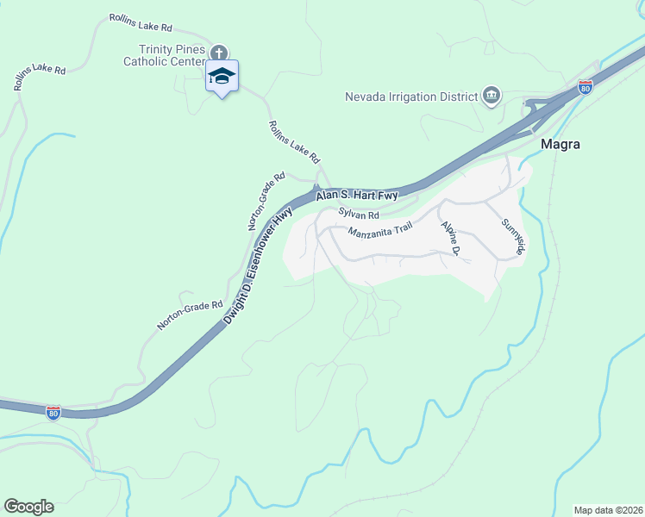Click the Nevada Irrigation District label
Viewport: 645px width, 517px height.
(x=411, y=96)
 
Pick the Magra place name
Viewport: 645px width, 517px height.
(x=560, y=144)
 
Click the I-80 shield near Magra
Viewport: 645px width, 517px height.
(x=586, y=87)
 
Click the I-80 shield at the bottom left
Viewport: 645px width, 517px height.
(x=54, y=412)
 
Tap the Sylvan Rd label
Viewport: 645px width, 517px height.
(x=359, y=214)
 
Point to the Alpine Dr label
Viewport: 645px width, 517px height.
(x=450, y=239)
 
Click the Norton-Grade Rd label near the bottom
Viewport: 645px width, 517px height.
(x=190, y=315)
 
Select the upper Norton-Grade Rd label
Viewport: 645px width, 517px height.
(x=266, y=200)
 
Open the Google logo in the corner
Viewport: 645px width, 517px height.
(x=28, y=507)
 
